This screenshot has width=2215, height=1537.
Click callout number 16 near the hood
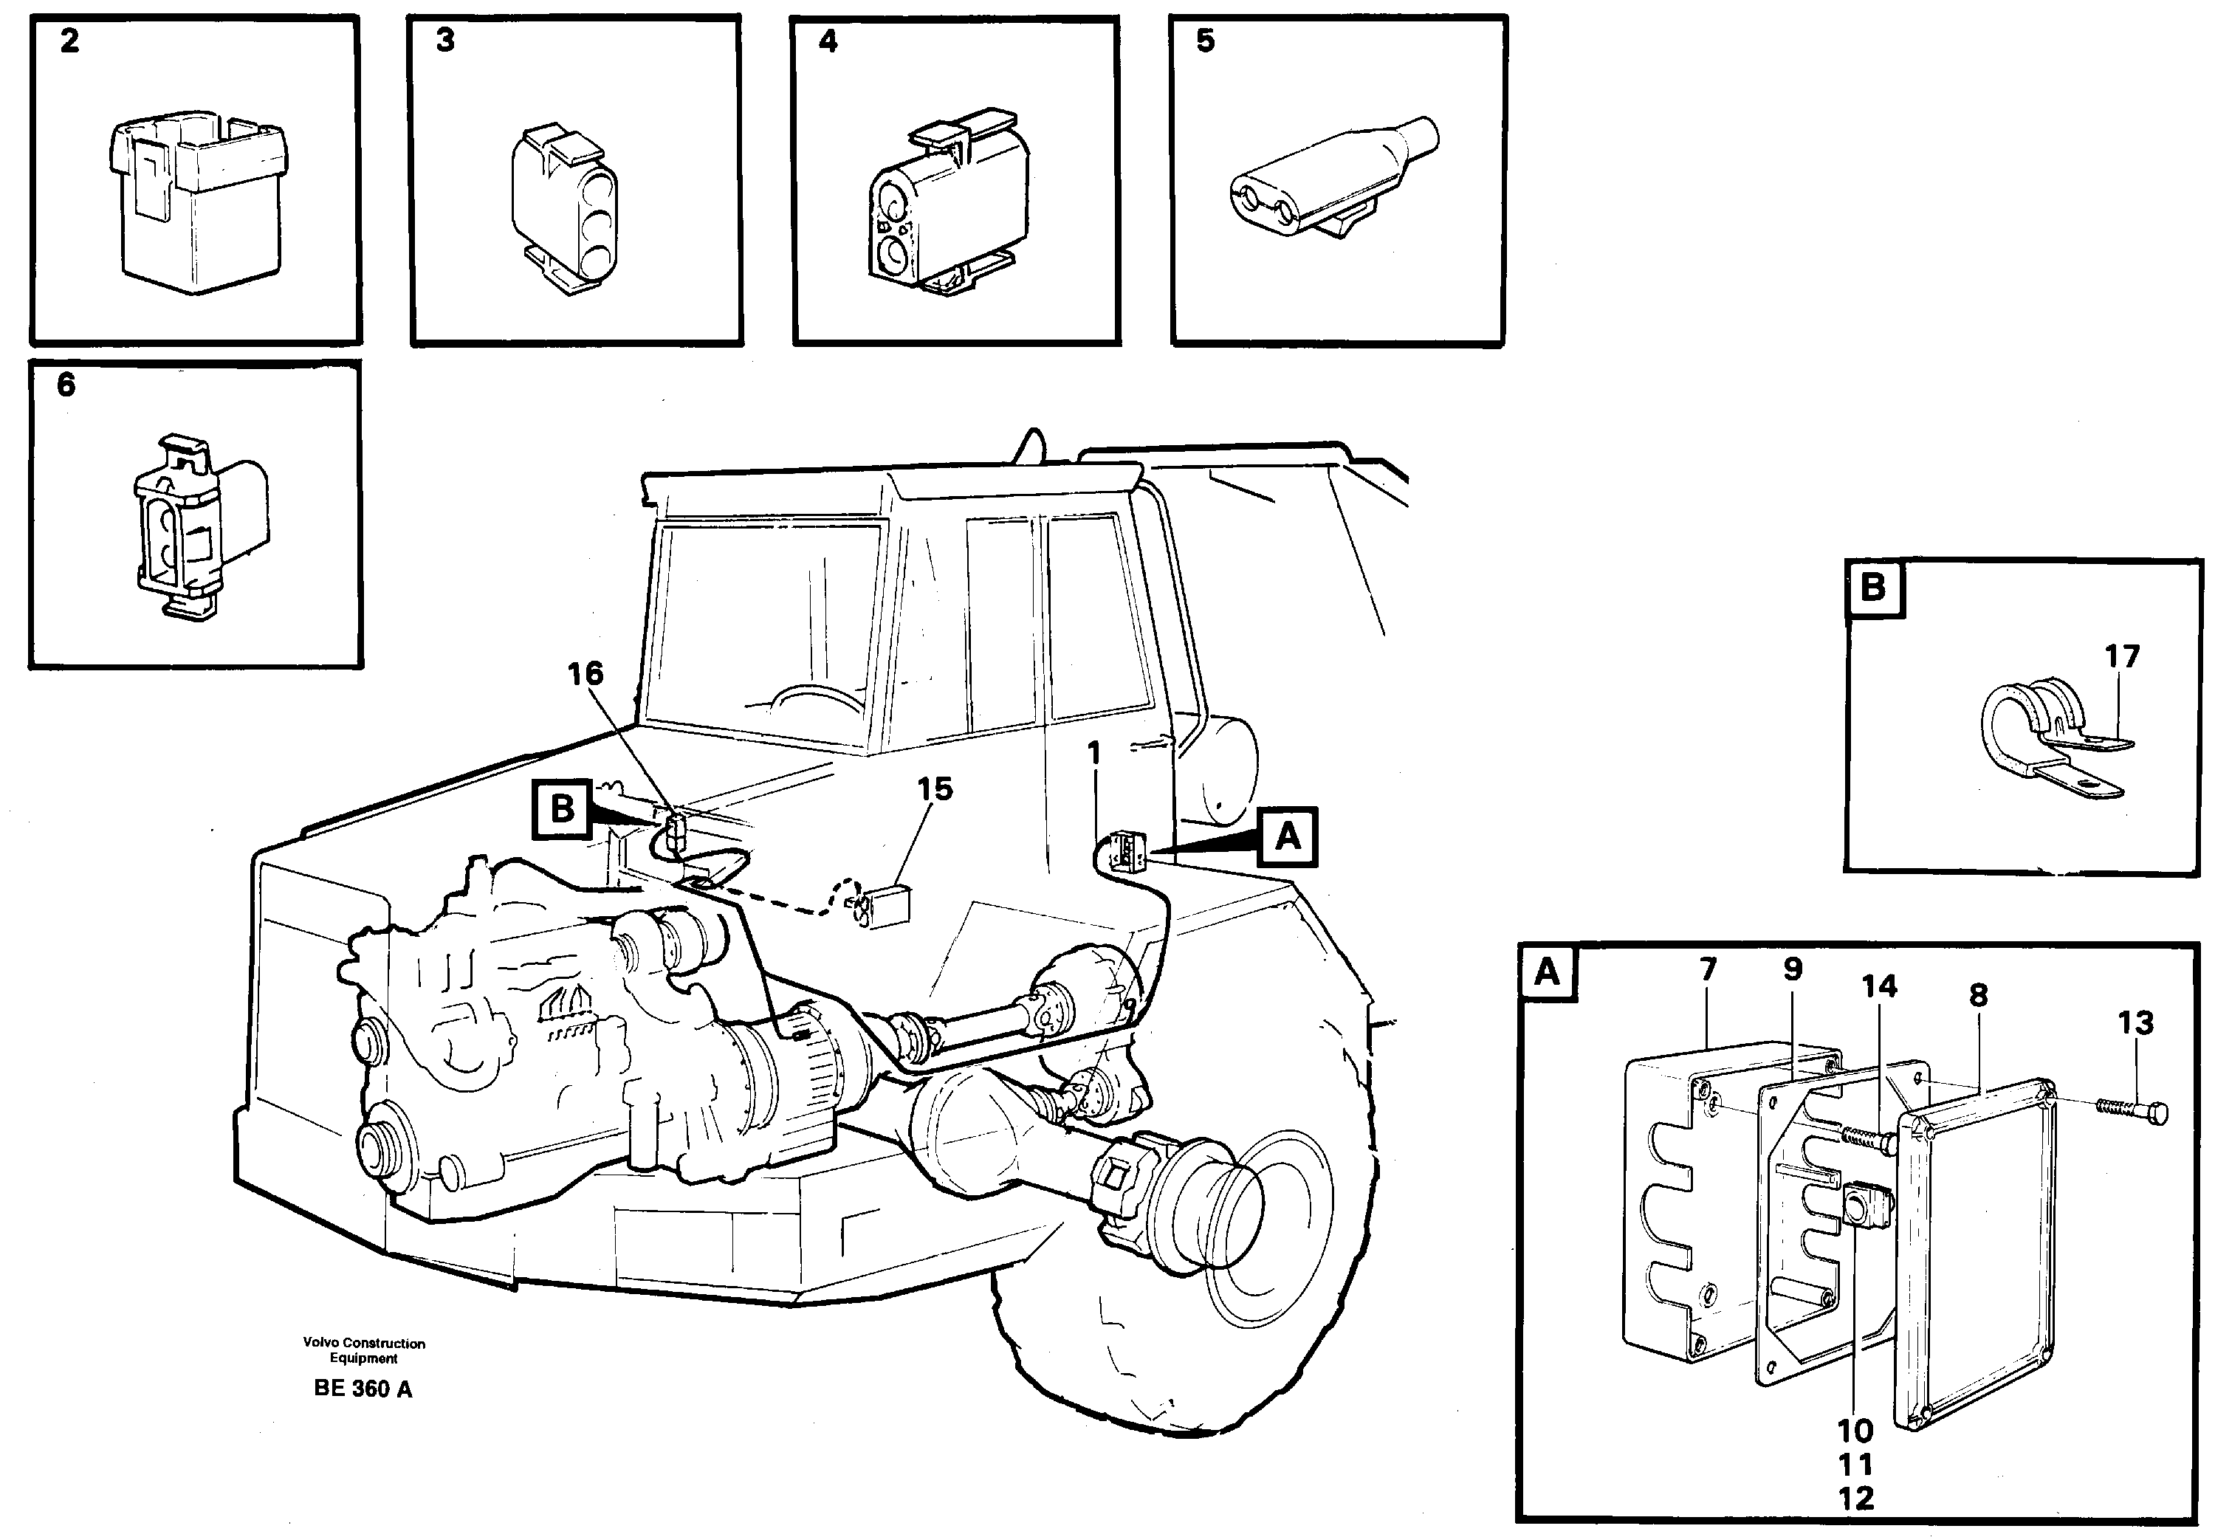pos(585,674)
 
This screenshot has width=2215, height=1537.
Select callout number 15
pos(934,788)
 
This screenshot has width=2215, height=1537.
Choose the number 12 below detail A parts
pos(1855,1499)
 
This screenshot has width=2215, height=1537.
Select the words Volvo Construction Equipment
pos(363,1350)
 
